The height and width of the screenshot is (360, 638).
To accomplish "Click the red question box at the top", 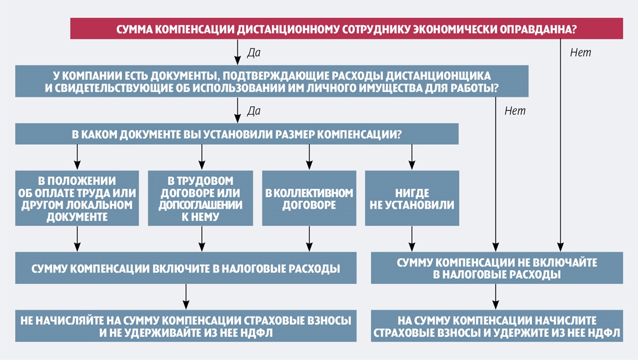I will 346,29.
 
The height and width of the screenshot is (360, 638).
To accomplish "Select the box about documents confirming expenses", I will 271,81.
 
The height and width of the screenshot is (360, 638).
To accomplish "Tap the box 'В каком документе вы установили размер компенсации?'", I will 237,134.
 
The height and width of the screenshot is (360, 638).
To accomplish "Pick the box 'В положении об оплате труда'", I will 77,198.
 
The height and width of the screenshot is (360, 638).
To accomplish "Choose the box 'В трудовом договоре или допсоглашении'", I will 201,198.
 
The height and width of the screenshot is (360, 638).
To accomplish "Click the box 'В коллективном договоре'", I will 308,198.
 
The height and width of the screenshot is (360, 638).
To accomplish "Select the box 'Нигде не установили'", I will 412,198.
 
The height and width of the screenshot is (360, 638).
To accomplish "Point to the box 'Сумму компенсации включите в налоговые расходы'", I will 186,268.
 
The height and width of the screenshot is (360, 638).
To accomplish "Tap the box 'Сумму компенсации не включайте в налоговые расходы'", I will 496,268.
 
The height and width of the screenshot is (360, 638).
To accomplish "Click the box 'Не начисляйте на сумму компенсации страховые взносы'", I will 186,326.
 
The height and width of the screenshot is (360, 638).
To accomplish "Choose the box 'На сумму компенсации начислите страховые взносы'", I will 496,326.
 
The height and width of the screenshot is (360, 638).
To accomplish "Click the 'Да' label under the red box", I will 253,53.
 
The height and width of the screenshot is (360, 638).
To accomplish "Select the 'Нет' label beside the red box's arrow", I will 580,53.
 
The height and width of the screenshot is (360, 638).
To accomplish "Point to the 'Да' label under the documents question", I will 253,110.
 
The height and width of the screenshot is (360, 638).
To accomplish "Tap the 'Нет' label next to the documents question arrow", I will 514,111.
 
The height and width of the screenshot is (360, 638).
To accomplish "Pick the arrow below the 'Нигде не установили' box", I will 412,237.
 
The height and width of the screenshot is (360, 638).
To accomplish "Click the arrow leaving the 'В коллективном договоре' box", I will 308,238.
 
